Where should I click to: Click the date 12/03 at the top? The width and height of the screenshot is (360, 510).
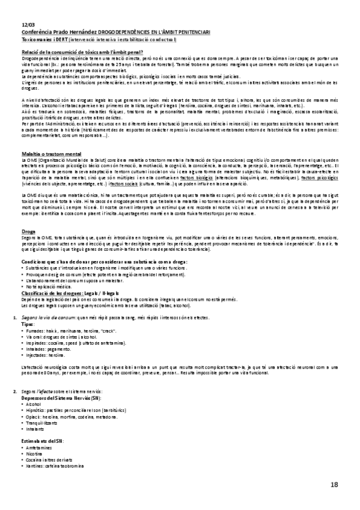(x=28, y=23)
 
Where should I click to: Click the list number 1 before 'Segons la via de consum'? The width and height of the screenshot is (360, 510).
(x=14, y=316)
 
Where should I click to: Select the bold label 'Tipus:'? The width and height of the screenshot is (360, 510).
(x=28, y=323)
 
